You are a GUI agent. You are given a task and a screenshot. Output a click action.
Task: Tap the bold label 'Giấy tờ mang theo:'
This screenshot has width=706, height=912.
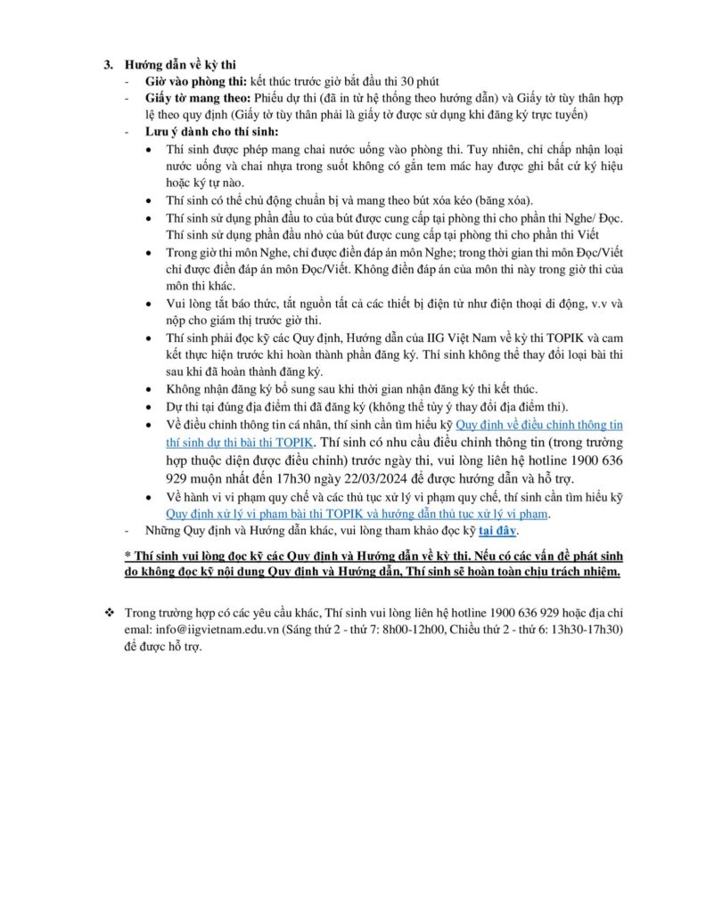pyautogui.click(x=190, y=98)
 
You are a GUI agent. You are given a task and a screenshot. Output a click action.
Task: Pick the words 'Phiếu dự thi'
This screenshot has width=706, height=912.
pyautogui.click(x=285, y=98)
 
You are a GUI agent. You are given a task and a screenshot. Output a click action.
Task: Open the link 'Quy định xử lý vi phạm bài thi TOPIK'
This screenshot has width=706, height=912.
pyautogui.click(x=259, y=514)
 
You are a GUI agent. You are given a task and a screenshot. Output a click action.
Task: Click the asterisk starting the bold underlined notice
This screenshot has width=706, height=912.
pyautogui.click(x=127, y=556)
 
